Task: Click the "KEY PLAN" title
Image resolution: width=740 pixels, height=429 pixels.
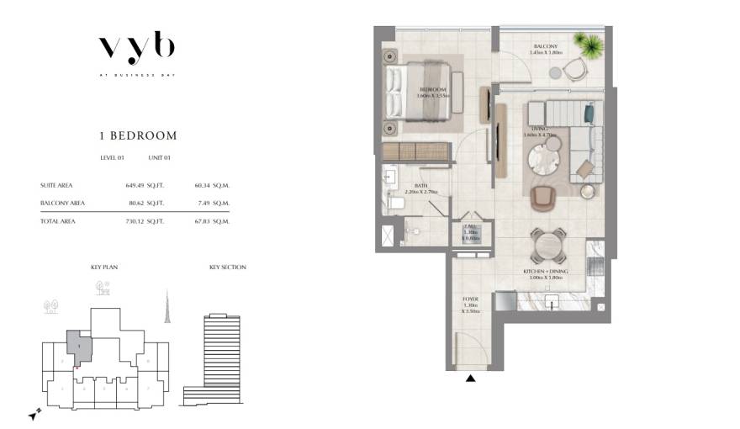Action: (104, 267)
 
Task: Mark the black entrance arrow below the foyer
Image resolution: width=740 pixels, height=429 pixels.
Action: (471, 379)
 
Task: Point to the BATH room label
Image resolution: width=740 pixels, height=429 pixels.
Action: (420, 187)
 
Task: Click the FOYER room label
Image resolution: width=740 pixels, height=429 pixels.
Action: (471, 299)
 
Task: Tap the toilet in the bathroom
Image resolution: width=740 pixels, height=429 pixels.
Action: (395, 201)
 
